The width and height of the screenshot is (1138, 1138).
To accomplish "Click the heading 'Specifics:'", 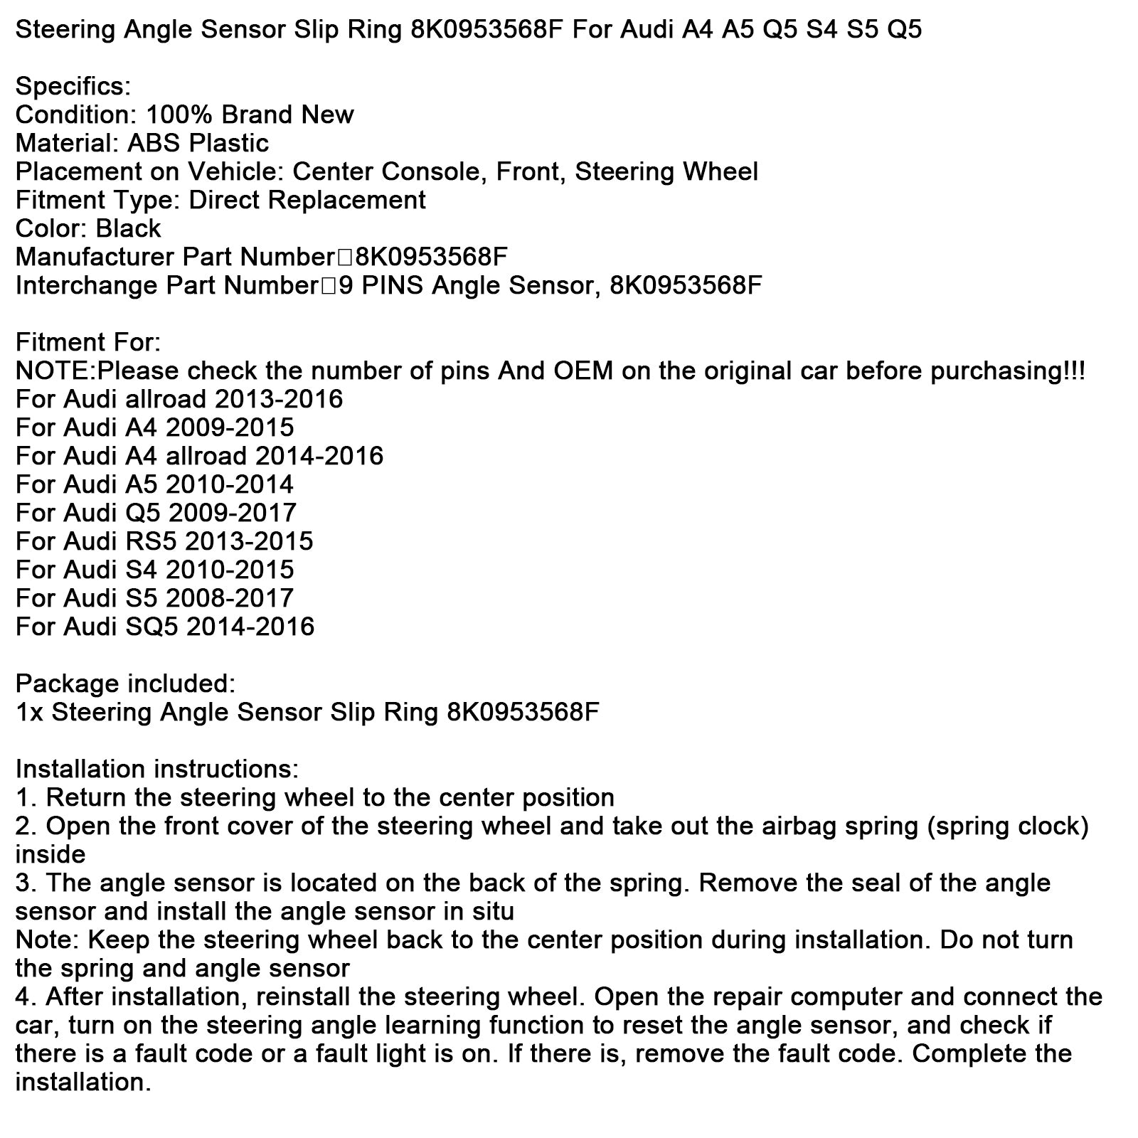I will pyautogui.click(x=73, y=87).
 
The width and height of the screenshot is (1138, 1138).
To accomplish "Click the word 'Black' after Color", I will pyautogui.click(x=128, y=229).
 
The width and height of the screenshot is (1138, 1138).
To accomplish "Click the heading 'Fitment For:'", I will pyautogui.click(x=88, y=343).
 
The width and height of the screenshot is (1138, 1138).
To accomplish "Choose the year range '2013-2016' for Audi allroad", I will pyautogui.click(x=279, y=400).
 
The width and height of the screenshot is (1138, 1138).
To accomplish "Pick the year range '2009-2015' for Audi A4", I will pyautogui.click(x=230, y=428).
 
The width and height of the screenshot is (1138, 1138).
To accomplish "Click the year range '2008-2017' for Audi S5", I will pyautogui.click(x=229, y=599).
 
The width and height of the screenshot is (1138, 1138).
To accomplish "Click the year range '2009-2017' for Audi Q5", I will pyautogui.click(x=231, y=514).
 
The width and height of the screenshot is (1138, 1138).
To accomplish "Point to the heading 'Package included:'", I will pyautogui.click(x=125, y=684).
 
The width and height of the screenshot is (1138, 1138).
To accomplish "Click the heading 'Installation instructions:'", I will pyautogui.click(x=157, y=770).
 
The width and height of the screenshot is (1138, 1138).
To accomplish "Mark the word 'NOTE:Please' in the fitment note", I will pyautogui.click(x=90, y=371).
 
